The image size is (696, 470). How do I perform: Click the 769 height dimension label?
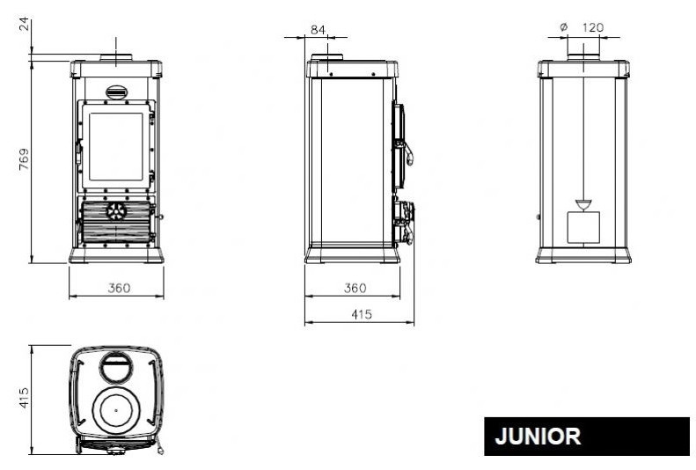25,159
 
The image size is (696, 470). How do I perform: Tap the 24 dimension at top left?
25,24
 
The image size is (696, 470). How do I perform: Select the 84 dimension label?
318,30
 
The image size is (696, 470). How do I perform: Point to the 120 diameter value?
592,27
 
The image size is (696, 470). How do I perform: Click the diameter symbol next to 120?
564,27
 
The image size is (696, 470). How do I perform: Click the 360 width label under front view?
119,288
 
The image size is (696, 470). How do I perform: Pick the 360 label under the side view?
355,288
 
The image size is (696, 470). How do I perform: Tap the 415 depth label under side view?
362,314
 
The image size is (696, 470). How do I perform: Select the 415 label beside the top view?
25,398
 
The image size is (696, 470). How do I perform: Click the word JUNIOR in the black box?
538,437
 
